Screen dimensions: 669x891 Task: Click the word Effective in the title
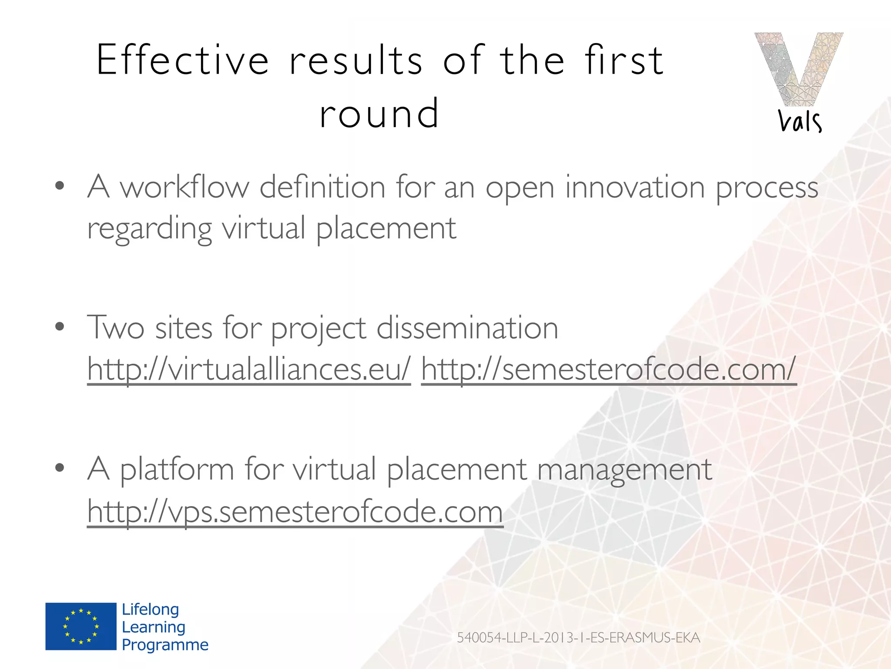pyautogui.click(x=182, y=60)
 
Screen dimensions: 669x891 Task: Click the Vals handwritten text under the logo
pyautogui.click(x=800, y=122)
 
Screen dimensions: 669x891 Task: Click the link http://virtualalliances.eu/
pyautogui.click(x=249, y=368)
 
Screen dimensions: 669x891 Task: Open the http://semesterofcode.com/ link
pyautogui.click(x=608, y=368)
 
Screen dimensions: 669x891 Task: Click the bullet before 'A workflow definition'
pyautogui.click(x=60, y=186)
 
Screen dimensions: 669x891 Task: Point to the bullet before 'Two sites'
pyautogui.click(x=60, y=327)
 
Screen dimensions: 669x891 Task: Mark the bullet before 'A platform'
pyautogui.click(x=60, y=468)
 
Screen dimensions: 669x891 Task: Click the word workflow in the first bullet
pyautogui.click(x=184, y=187)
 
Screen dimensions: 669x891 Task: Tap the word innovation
pyautogui.click(x=635, y=187)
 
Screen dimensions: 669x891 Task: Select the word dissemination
pyautogui.click(x=467, y=328)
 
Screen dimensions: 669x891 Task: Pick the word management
pyautogui.click(x=624, y=470)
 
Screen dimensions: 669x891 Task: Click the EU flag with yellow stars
pyautogui.click(x=81, y=626)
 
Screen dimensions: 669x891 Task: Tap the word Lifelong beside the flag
pyautogui.click(x=150, y=609)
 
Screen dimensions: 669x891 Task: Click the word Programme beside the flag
pyautogui.click(x=165, y=645)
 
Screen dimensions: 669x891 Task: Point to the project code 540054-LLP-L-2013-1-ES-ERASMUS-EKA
pyautogui.click(x=578, y=638)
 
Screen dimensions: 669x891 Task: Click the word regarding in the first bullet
pyautogui.click(x=149, y=229)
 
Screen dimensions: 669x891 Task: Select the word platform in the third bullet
pyautogui.click(x=177, y=470)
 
